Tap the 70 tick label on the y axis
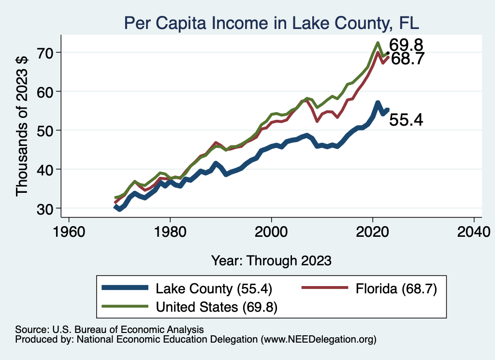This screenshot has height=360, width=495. pos(47,52)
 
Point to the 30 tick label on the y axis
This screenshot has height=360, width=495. pos(47,208)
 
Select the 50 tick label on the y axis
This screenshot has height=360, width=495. pos(47,130)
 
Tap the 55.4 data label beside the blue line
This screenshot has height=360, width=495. pos(406,120)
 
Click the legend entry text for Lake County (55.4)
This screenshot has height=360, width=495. pos(214,289)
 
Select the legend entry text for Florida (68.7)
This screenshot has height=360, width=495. pos(396,289)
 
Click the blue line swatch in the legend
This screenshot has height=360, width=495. pos(125,288)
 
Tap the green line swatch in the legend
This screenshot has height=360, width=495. pos(125,306)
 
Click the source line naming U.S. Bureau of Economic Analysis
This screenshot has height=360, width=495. pos(109,330)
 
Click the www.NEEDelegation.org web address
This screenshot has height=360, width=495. pos(318,340)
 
